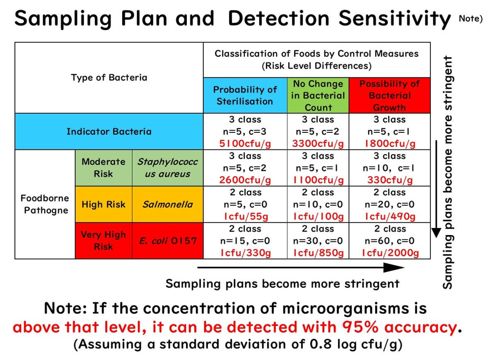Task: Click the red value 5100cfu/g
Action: click(245, 144)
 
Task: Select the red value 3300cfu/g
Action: click(318, 144)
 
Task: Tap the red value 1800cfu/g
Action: click(389, 144)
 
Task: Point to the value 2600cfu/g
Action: click(245, 180)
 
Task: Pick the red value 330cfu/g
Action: click(389, 180)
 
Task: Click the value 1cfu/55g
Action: click(245, 216)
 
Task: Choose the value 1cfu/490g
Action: click(389, 216)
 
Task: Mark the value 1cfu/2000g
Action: click(389, 253)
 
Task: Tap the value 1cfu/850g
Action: click(318, 253)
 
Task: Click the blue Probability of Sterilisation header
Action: click(245, 95)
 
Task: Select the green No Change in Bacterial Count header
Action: click(318, 95)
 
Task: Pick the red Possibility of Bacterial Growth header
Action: click(389, 95)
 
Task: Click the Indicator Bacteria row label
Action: click(109, 132)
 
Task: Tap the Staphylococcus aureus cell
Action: click(167, 168)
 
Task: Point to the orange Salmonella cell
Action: click(167, 204)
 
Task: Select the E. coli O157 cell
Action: click(167, 240)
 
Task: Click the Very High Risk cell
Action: click(103, 240)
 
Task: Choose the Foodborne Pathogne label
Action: click(45, 204)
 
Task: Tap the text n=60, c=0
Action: click(389, 241)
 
